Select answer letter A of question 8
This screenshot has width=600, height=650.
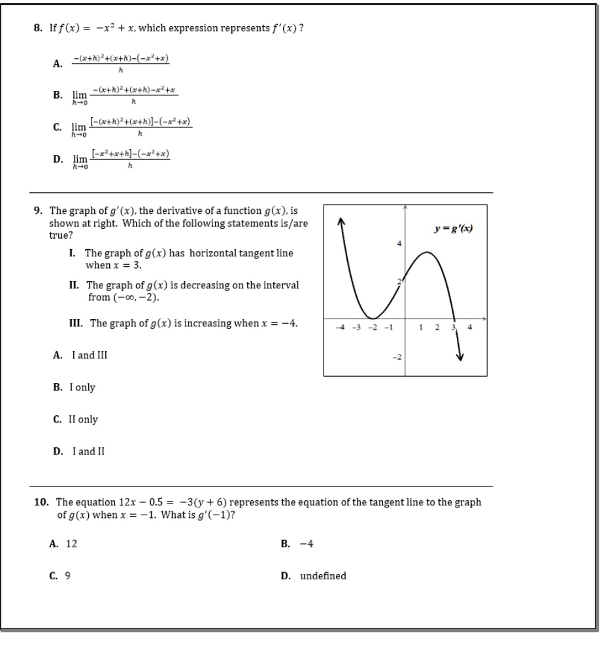[58, 63]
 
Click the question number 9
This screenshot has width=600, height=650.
[38, 211]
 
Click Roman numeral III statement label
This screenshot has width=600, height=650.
[76, 323]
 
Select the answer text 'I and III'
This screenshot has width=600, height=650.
[90, 355]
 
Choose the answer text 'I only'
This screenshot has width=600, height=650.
[82, 387]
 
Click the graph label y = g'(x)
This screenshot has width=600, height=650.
[453, 228]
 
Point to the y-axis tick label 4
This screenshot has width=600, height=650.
[399, 244]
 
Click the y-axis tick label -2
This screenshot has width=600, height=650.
[397, 356]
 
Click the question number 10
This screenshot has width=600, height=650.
[41, 502]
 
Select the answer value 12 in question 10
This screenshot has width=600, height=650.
[71, 543]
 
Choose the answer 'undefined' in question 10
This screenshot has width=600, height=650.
[323, 576]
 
